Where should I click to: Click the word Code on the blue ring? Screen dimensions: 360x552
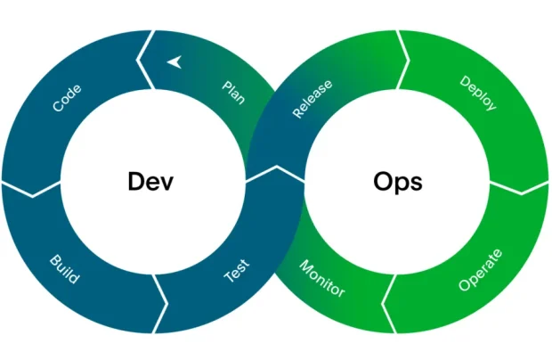(68, 98)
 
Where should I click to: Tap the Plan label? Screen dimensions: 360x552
(233, 92)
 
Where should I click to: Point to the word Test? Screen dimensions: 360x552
(236, 271)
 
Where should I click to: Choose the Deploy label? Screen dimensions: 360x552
(477, 93)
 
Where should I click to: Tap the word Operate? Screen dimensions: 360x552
(480, 271)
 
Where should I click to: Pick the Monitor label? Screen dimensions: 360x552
(321, 278)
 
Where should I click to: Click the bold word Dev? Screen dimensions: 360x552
(150, 182)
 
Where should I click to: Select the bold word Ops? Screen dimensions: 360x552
(397, 183)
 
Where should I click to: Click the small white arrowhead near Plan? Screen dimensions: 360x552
(174, 61)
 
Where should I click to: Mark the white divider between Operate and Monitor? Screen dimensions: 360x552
(389, 303)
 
